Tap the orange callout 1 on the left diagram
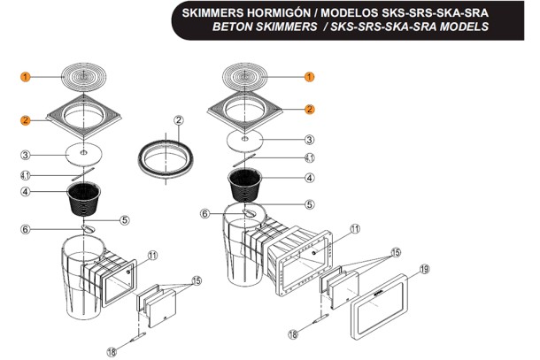[x=25, y=77]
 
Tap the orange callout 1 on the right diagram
[x=309, y=77]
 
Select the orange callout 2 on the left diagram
[x=25, y=120]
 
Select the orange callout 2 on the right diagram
[x=309, y=110]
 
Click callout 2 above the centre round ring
[x=179, y=120]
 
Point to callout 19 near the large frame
[x=425, y=269]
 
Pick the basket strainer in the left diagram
[x=84, y=199]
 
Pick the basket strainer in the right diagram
[x=245, y=184]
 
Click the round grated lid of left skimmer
[x=84, y=77]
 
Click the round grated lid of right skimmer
[x=245, y=77]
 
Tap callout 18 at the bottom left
[x=112, y=352]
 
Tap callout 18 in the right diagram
[x=293, y=333]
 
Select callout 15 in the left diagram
[x=197, y=281]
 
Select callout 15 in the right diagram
[x=396, y=253]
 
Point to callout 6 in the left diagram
[x=25, y=229]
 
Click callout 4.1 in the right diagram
[x=310, y=158]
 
